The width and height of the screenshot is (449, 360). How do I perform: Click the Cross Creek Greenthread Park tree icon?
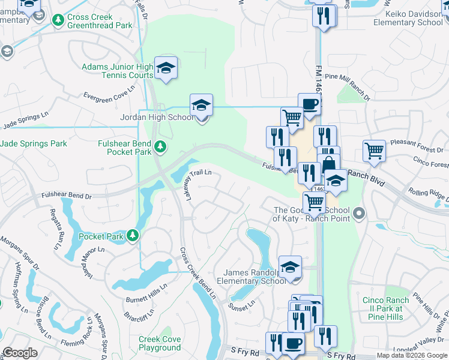[x=58, y=21]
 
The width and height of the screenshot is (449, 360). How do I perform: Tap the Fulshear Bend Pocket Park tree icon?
[x=160, y=146]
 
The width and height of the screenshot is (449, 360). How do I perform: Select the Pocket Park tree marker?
[x=132, y=236]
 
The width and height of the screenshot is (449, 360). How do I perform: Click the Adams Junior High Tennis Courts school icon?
[x=166, y=68]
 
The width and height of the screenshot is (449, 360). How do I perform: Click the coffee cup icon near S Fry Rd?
[x=293, y=343]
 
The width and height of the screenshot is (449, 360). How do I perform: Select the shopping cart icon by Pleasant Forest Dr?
[x=374, y=151]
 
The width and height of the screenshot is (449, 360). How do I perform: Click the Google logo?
[x=20, y=353]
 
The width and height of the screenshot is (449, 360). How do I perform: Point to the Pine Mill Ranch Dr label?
[x=348, y=86]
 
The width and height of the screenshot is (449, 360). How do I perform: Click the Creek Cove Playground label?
[x=160, y=343]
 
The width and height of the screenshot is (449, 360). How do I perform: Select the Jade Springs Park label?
[x=34, y=144]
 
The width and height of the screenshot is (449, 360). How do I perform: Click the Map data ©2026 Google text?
[x=411, y=355]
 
